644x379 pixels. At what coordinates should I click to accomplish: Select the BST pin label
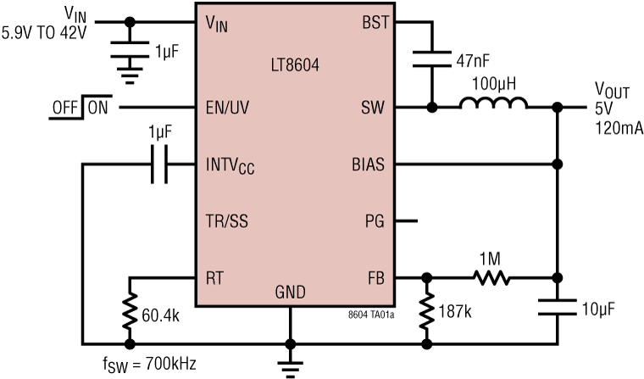click(x=373, y=23)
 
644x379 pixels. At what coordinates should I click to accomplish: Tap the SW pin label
click(x=375, y=108)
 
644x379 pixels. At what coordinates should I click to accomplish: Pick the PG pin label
click(x=375, y=221)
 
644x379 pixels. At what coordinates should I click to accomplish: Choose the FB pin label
click(x=375, y=276)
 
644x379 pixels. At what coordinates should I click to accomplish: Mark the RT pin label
click(x=216, y=276)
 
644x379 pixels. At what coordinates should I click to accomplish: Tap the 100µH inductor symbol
click(x=493, y=105)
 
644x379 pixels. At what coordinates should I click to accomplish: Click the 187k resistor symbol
click(x=425, y=310)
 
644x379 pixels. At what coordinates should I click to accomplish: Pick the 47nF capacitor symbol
click(x=431, y=59)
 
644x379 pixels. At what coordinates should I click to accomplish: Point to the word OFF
click(x=65, y=108)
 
